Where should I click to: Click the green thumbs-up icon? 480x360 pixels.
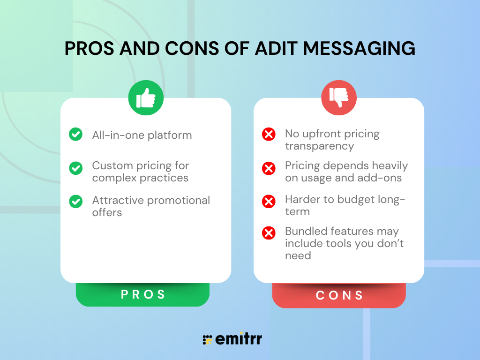click(x=146, y=98)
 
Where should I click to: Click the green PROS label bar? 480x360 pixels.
click(x=143, y=294)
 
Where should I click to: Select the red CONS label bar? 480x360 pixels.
click(x=339, y=295)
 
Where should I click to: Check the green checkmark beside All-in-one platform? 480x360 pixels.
click(x=75, y=135)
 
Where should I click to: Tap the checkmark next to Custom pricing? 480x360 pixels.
click(x=75, y=168)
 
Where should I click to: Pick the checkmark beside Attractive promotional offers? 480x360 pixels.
click(x=75, y=202)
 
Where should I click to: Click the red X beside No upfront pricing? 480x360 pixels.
click(x=269, y=135)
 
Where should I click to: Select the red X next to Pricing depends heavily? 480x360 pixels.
click(x=269, y=168)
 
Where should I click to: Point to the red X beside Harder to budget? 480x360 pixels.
click(x=269, y=202)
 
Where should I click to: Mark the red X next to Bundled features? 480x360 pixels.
click(x=269, y=233)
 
